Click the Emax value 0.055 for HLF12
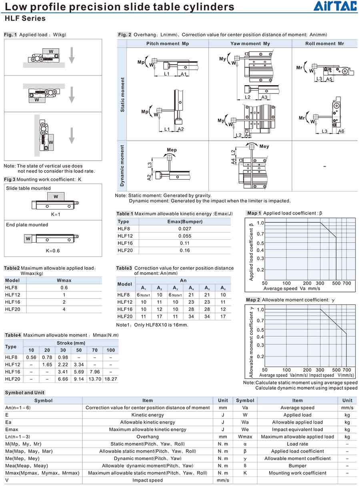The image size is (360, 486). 185,236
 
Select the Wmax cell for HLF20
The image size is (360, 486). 64,309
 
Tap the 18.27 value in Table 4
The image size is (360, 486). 110,379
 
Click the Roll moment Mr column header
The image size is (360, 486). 324,44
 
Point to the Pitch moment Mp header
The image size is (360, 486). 168,44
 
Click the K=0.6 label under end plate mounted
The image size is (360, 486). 53,251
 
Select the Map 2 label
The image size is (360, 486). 253,300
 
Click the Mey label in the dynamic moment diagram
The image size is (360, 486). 264,147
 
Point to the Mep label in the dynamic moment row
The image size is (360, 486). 172,150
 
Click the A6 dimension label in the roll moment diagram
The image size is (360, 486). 341,131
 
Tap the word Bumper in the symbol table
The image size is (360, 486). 297,466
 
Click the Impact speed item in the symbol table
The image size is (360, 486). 148,480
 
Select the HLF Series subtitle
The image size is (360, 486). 25,18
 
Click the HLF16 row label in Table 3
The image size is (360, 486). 125,309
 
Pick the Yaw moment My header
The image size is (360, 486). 250,44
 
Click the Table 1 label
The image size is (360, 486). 125,214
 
